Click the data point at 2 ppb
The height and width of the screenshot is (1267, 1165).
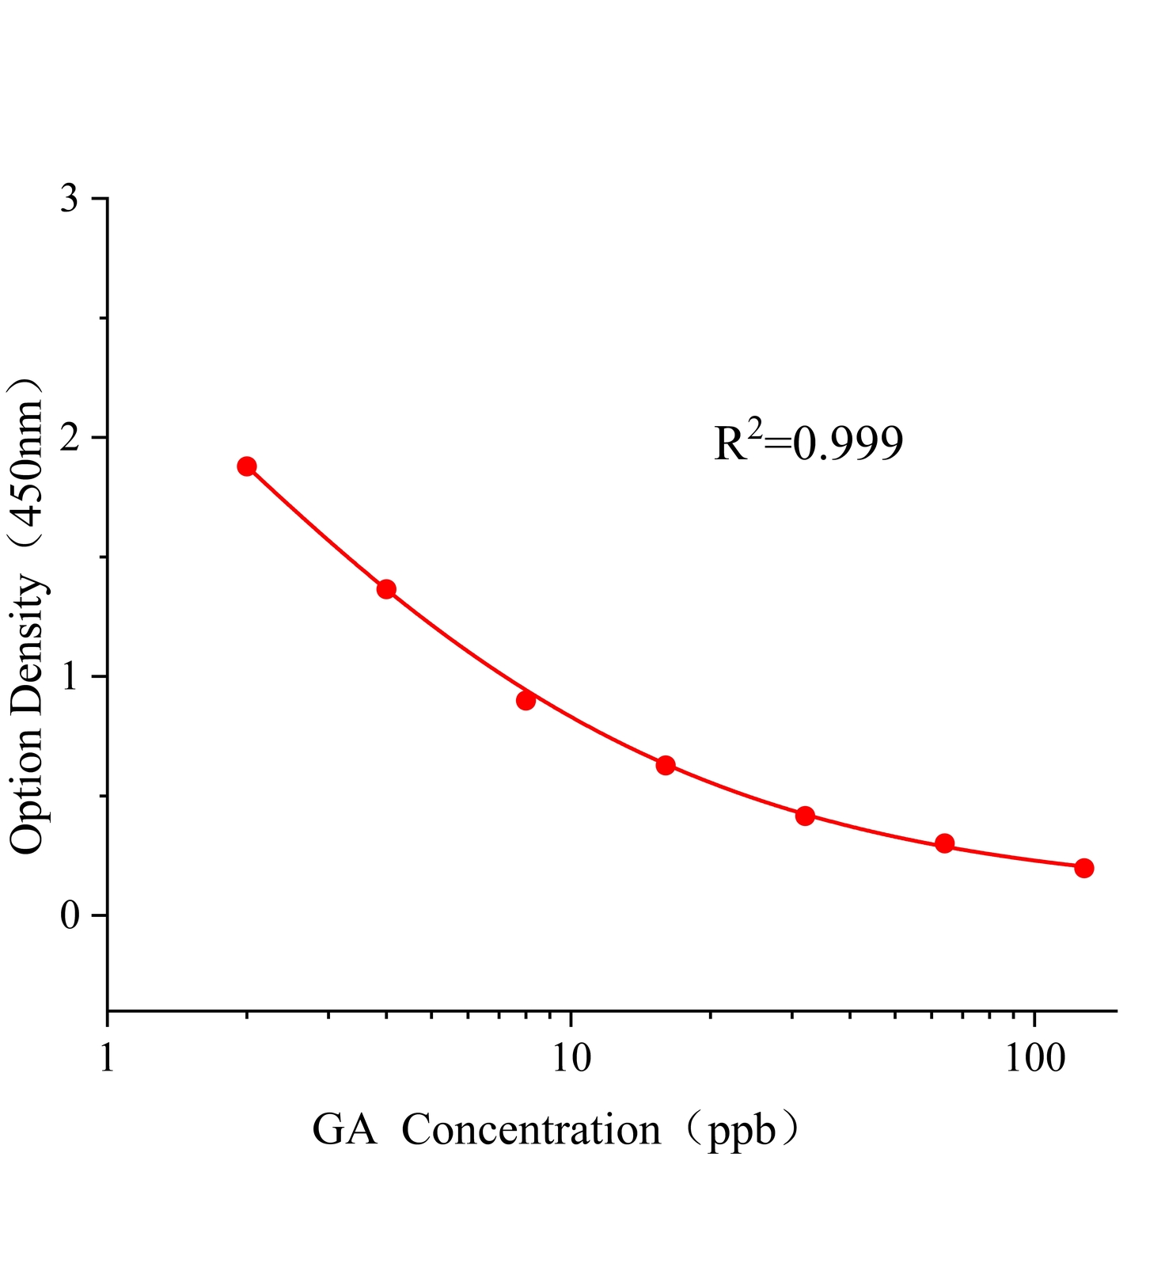tap(247, 466)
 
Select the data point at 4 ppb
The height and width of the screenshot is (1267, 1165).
tap(386, 589)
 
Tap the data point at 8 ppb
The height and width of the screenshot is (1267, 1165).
tap(526, 700)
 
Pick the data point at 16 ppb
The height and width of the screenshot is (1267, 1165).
tap(666, 765)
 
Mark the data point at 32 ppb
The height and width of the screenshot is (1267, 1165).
tap(805, 816)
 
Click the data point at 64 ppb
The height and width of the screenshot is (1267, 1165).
tap(944, 843)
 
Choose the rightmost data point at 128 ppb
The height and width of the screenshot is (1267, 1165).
tap(1084, 868)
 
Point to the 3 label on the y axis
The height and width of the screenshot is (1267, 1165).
tap(70, 198)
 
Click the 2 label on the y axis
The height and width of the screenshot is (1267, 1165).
tap(70, 437)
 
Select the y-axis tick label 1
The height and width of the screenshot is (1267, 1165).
tap(70, 676)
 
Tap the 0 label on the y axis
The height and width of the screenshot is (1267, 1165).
tap(70, 915)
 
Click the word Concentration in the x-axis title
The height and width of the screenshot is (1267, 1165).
tap(530, 1131)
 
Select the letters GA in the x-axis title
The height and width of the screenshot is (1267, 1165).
tap(344, 1131)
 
